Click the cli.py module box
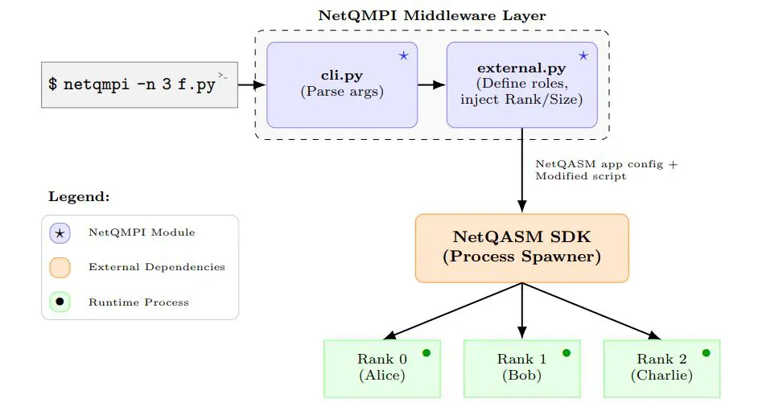(342, 84)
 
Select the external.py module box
(521, 84)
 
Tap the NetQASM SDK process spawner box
(521, 248)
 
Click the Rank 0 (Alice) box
(382, 368)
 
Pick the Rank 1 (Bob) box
(521, 368)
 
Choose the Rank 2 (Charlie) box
(661, 368)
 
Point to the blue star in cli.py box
(403, 55)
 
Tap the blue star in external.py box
(583, 55)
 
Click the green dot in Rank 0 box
(427, 352)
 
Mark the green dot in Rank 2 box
(706, 352)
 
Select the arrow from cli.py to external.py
(432, 84)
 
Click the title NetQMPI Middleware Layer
(431, 15)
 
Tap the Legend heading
(79, 196)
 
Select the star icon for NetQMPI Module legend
(60, 232)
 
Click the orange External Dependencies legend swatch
(60, 267)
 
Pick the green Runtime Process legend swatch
(60, 302)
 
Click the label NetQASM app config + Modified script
(606, 170)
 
